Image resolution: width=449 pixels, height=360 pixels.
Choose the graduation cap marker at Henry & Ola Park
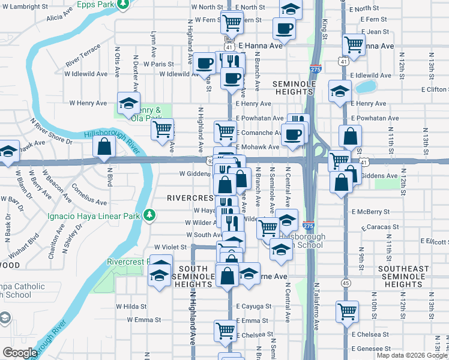tap(128, 103)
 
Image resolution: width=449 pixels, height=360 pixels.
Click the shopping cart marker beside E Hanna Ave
tap(354, 43)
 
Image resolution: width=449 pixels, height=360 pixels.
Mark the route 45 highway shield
tap(345, 282)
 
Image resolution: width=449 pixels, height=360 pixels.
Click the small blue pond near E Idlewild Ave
tap(364, 87)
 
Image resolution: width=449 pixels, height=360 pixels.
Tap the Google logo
tap(20, 353)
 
